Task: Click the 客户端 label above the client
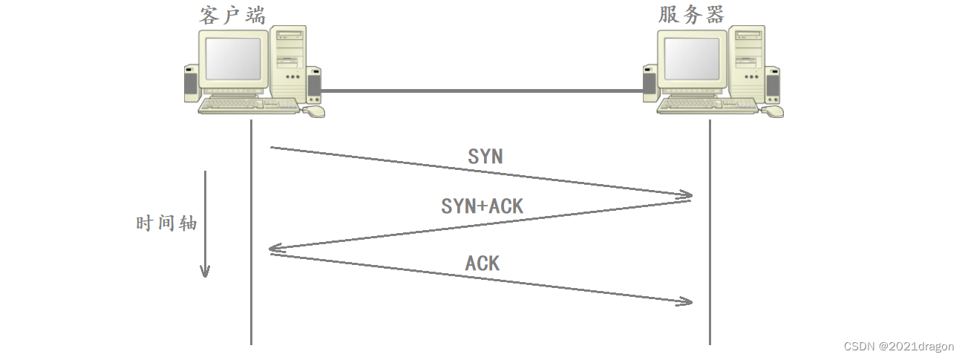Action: (x=232, y=14)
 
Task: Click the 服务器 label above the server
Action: (x=691, y=14)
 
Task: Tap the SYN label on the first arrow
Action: (x=485, y=157)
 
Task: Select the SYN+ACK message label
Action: (x=482, y=206)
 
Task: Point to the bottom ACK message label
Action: (x=482, y=263)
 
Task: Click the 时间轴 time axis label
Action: (x=167, y=223)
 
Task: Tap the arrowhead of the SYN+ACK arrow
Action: (x=275, y=251)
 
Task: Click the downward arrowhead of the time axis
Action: (x=205, y=271)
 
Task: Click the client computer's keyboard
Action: (x=249, y=106)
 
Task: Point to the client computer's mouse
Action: (x=315, y=111)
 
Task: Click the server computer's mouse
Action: (x=773, y=111)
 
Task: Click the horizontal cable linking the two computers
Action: (x=482, y=91)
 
